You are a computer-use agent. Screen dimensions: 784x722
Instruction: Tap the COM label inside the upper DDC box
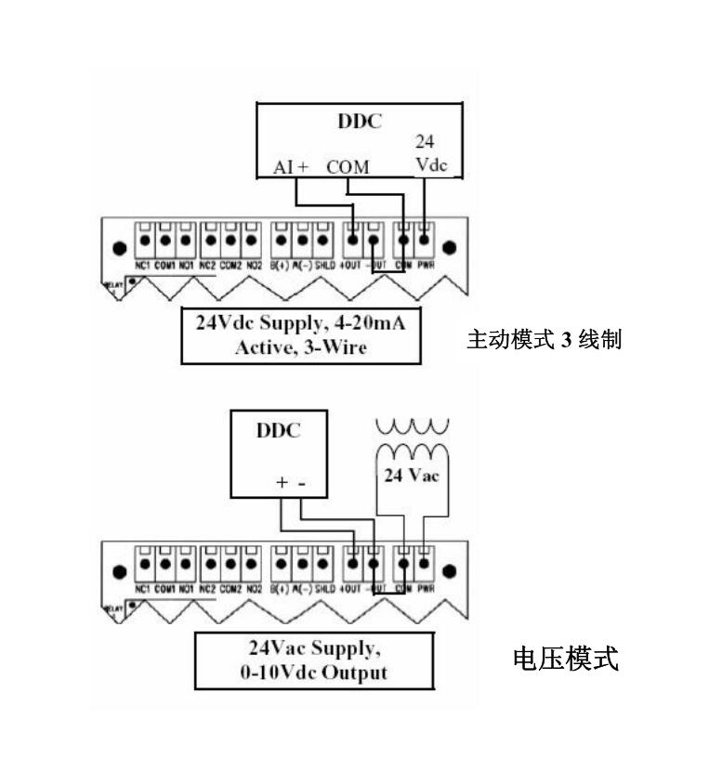348,167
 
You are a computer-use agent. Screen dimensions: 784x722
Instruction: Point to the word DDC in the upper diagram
358,121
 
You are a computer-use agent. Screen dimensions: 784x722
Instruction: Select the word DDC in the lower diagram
276,433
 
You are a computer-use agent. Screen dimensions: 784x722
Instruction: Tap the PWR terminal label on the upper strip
425,263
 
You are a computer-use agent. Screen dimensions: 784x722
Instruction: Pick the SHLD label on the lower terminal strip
322,589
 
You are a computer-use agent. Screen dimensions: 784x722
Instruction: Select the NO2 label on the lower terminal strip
249,589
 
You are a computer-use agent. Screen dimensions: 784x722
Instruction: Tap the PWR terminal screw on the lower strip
424,565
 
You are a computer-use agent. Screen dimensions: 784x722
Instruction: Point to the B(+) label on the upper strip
280,263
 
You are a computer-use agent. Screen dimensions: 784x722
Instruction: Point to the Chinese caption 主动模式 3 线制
544,340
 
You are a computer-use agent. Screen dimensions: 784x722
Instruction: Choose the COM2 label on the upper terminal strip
229,263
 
